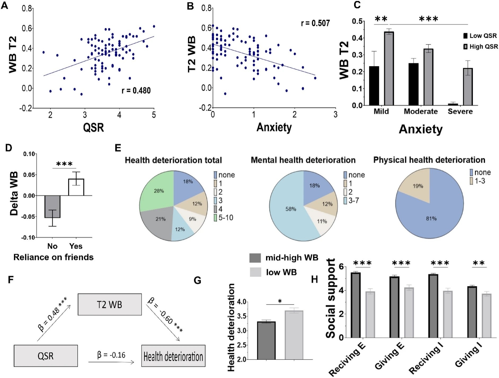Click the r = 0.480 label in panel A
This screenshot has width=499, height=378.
click(136, 91)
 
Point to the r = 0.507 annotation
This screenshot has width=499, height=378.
click(315, 23)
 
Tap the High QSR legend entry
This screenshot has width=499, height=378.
click(480, 47)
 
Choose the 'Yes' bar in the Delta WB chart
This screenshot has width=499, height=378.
click(76, 187)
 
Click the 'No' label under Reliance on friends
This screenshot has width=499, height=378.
click(52, 246)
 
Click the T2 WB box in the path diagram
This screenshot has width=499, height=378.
click(109, 304)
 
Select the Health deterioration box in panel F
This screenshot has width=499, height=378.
click(173, 356)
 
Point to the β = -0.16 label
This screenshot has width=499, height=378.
click(111, 355)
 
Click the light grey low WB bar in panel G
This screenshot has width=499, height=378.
click(294, 335)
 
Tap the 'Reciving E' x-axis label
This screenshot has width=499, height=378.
click(347, 359)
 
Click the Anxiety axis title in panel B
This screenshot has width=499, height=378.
click(274, 127)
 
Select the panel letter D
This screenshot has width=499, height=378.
click(8, 148)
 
